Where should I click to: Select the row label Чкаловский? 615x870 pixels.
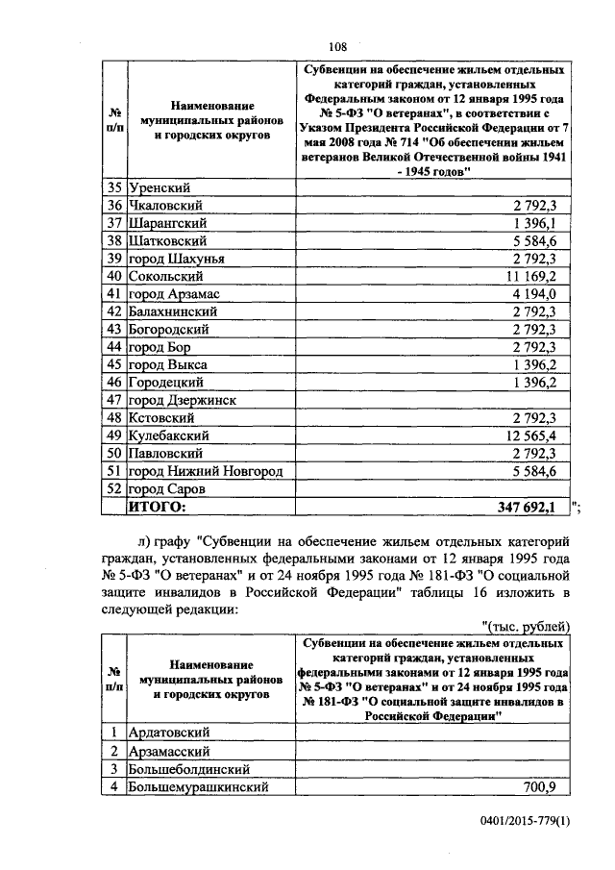click(x=163, y=205)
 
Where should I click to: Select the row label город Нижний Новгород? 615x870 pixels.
click(x=193, y=471)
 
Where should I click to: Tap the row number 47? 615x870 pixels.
click(x=114, y=400)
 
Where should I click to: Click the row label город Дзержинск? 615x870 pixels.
click(x=182, y=400)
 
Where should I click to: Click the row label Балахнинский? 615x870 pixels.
click(x=173, y=311)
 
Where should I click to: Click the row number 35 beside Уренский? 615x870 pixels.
click(x=114, y=187)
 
